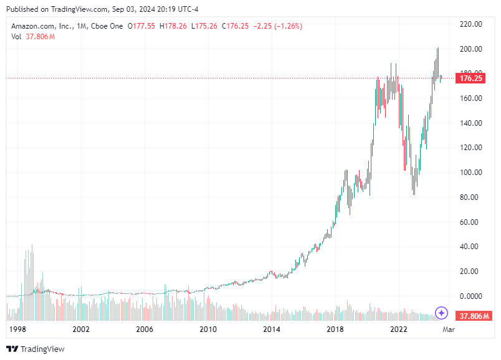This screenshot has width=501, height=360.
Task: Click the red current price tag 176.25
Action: [x=470, y=78]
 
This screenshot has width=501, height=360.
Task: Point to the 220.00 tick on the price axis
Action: [x=470, y=24]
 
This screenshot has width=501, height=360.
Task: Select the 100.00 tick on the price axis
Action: [x=470, y=173]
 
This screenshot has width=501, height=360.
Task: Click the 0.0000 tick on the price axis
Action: [x=470, y=296]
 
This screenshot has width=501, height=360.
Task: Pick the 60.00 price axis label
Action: [x=470, y=222]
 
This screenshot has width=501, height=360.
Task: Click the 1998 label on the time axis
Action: [x=18, y=329]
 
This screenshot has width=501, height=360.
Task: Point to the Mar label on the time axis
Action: [x=448, y=329]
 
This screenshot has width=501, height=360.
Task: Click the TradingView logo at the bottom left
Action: [x=36, y=349]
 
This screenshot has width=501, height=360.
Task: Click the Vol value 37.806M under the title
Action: [x=41, y=37]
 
